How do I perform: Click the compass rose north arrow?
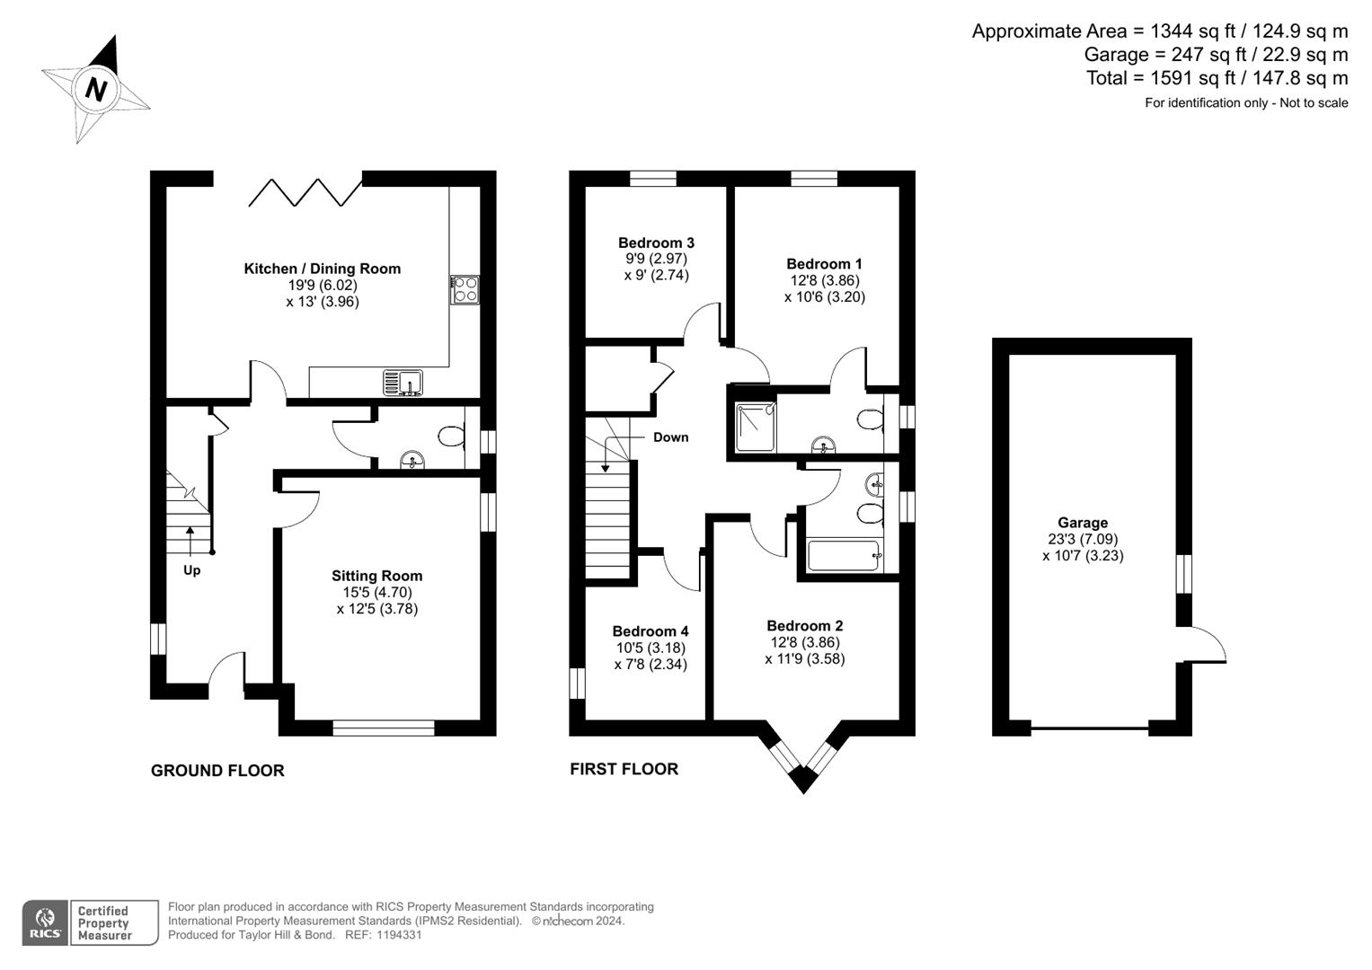click(96, 88)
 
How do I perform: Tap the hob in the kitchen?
click(465, 289)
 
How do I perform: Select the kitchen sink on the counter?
click(403, 383)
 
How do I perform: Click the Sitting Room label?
click(376, 576)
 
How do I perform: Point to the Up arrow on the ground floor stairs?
click(190, 542)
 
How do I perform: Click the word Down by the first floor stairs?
click(670, 437)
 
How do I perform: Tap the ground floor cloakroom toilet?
click(451, 437)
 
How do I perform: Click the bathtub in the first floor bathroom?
click(843, 555)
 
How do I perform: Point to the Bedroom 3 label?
click(656, 242)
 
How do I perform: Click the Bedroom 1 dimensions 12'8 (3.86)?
click(824, 280)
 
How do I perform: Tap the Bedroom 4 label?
click(651, 631)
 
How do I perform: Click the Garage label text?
click(1083, 523)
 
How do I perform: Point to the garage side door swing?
click(1206, 645)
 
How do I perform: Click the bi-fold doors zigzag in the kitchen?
click(305, 192)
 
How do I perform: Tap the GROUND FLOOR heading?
click(217, 771)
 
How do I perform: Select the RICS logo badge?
click(45, 922)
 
